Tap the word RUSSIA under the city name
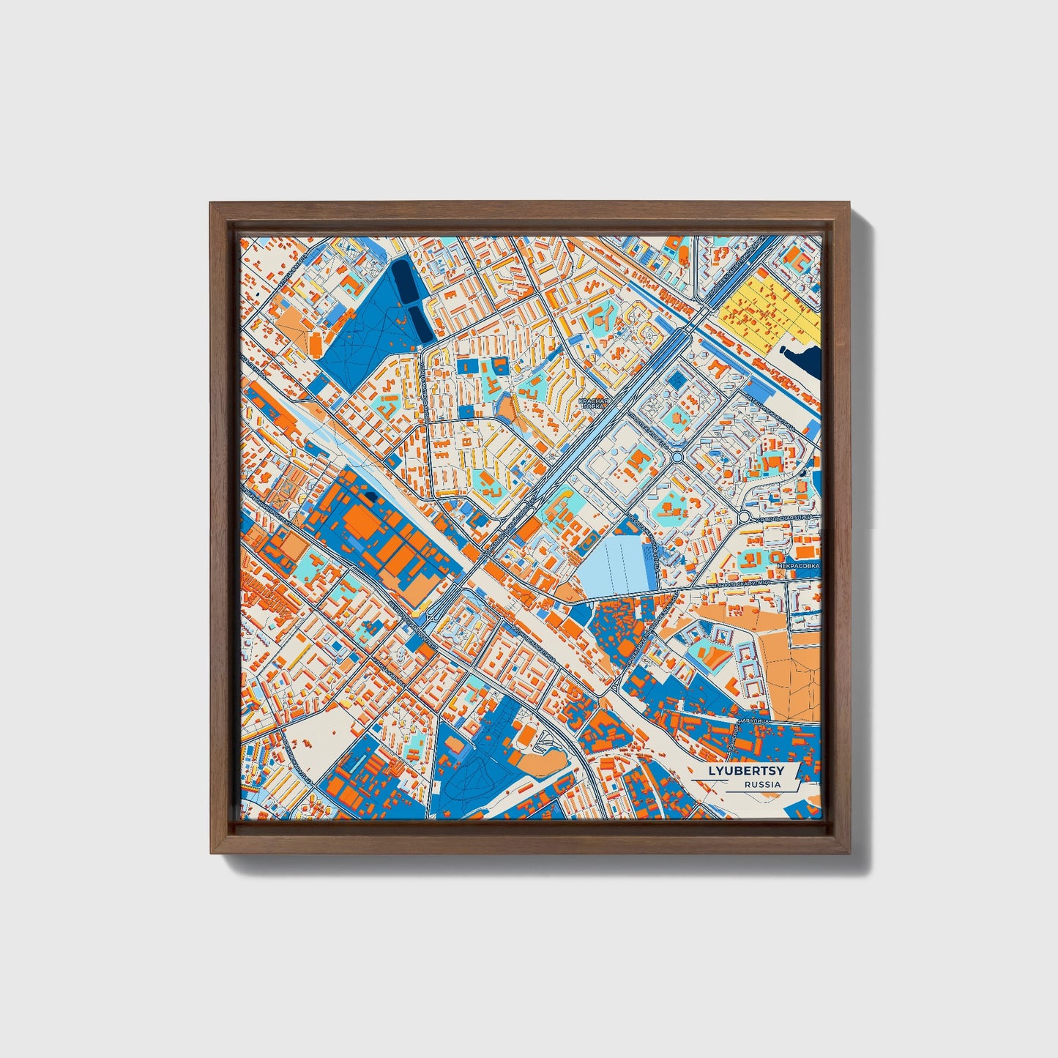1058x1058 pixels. (761, 785)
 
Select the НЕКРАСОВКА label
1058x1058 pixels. (799, 565)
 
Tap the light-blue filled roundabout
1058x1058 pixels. (677, 458)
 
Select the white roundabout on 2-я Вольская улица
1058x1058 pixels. (744, 517)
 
